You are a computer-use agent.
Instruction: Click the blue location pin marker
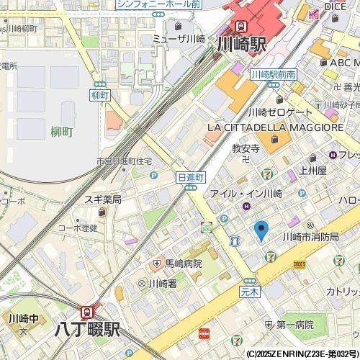pyautogui.click(x=261, y=230)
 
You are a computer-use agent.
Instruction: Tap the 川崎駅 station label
pyautogui.click(x=241, y=44)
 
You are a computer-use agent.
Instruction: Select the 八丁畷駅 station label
pyautogui.click(x=88, y=332)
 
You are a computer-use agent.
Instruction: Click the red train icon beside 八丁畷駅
pyautogui.click(x=88, y=312)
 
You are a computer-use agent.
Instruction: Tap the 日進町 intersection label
pyautogui.click(x=192, y=176)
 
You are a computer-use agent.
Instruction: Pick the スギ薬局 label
pyautogui.click(x=102, y=199)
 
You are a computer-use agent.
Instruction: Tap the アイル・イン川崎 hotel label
pyautogui.click(x=246, y=194)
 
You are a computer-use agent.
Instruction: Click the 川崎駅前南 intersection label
pyautogui.click(x=274, y=74)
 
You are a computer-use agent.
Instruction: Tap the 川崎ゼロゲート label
pyautogui.click(x=280, y=112)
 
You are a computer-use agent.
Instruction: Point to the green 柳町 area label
pyautogui.click(x=62, y=132)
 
